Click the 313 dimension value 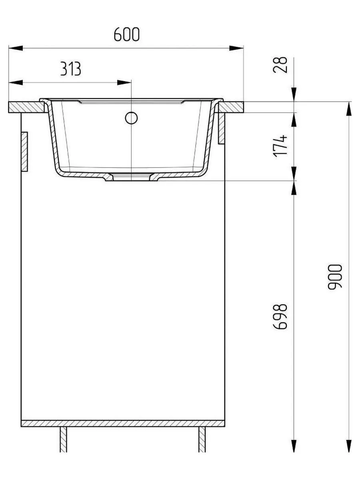(70, 69)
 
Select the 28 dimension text (282, 64)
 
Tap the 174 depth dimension (282, 146)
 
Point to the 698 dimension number (282, 316)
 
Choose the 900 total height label (335, 277)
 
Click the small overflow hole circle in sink (131, 118)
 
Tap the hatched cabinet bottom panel (122, 423)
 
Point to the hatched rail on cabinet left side (24, 152)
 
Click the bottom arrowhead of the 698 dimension (294, 445)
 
